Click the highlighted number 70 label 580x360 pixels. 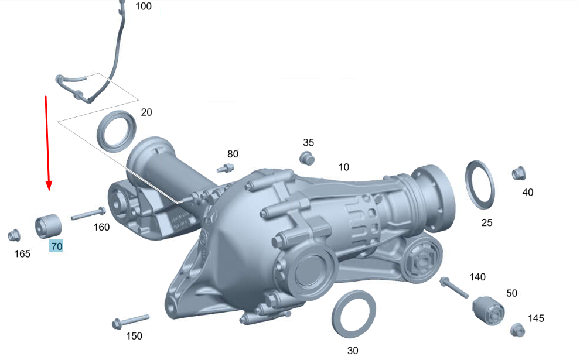pos(56,246)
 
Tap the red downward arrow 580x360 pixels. pos(47,143)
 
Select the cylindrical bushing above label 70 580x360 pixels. pos(48,226)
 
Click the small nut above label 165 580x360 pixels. pos(14,235)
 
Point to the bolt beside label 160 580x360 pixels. pos(88,214)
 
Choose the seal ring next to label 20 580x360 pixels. pos(116,131)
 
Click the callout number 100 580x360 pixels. pos(144,6)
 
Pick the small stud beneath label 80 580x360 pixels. pos(225,169)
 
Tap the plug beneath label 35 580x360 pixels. pos(307,159)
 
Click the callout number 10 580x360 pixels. pos(344,167)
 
